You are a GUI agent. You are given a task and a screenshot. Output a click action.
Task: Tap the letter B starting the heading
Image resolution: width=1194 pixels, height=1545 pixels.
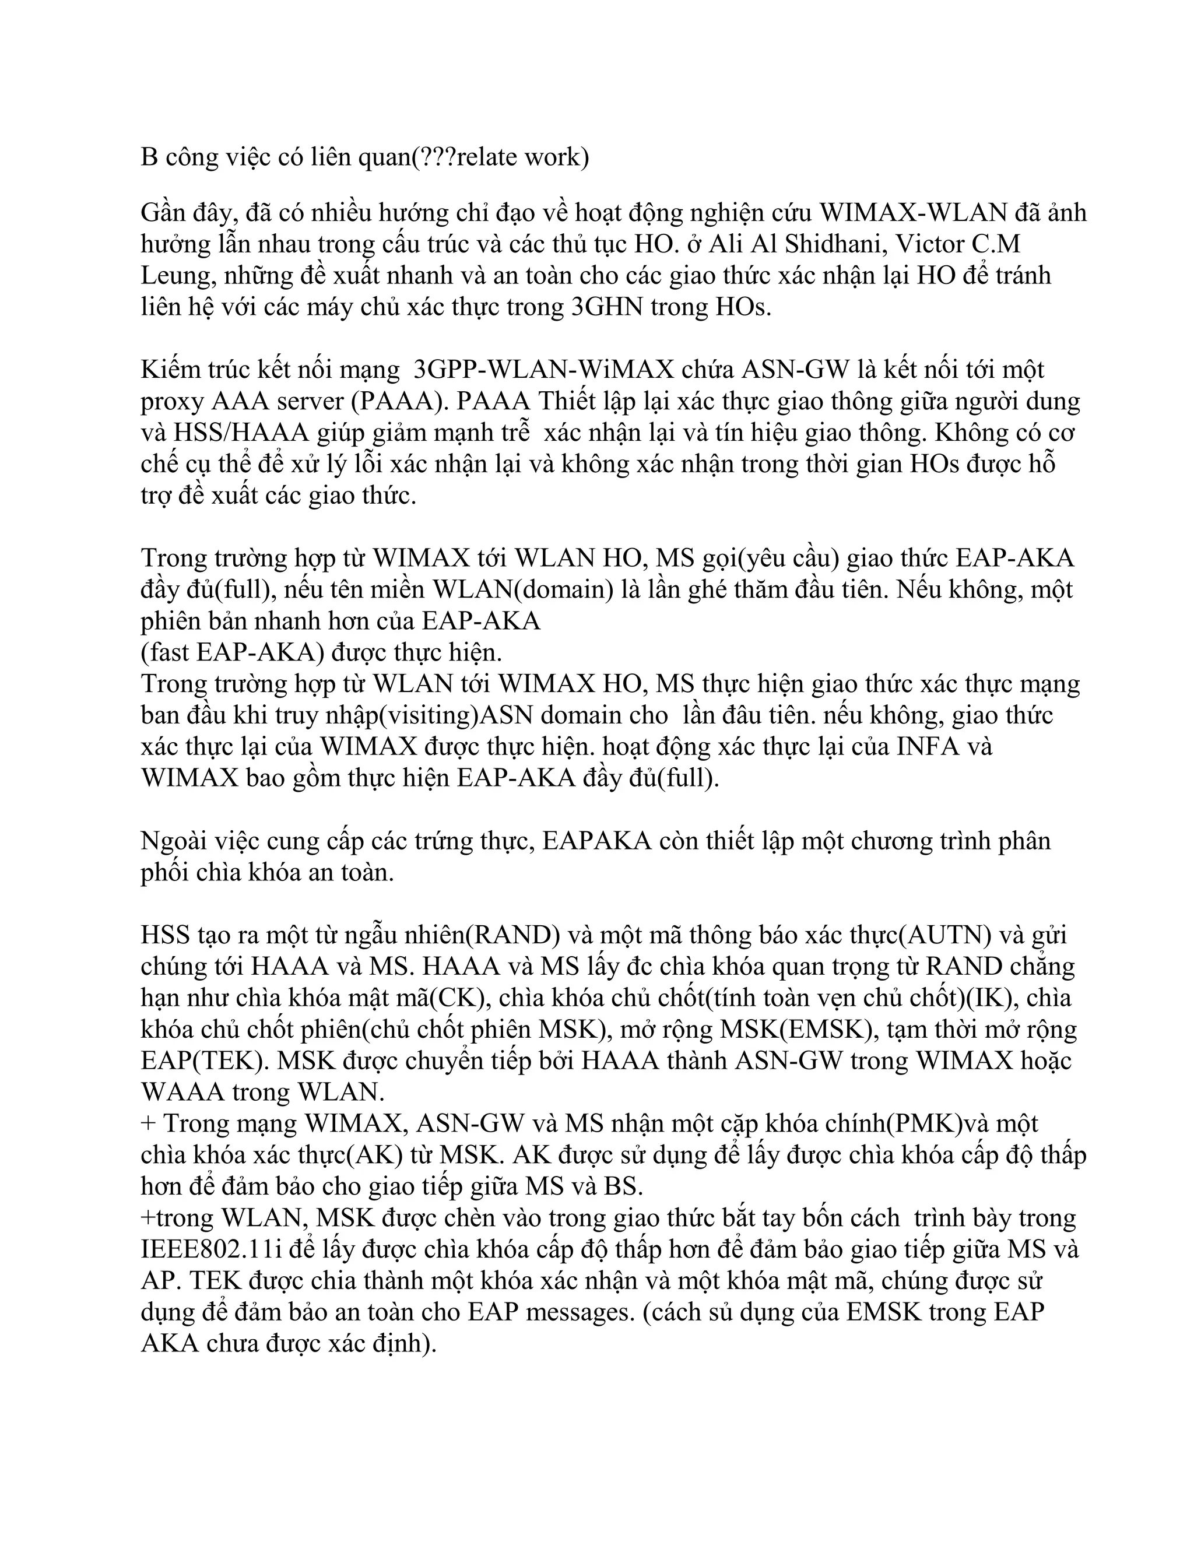pyautogui.click(x=149, y=157)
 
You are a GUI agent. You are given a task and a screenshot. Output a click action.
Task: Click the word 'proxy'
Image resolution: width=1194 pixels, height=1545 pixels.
pyautogui.click(x=173, y=401)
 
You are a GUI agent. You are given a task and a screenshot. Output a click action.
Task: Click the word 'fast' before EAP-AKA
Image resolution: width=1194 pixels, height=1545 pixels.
pyautogui.click(x=168, y=652)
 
